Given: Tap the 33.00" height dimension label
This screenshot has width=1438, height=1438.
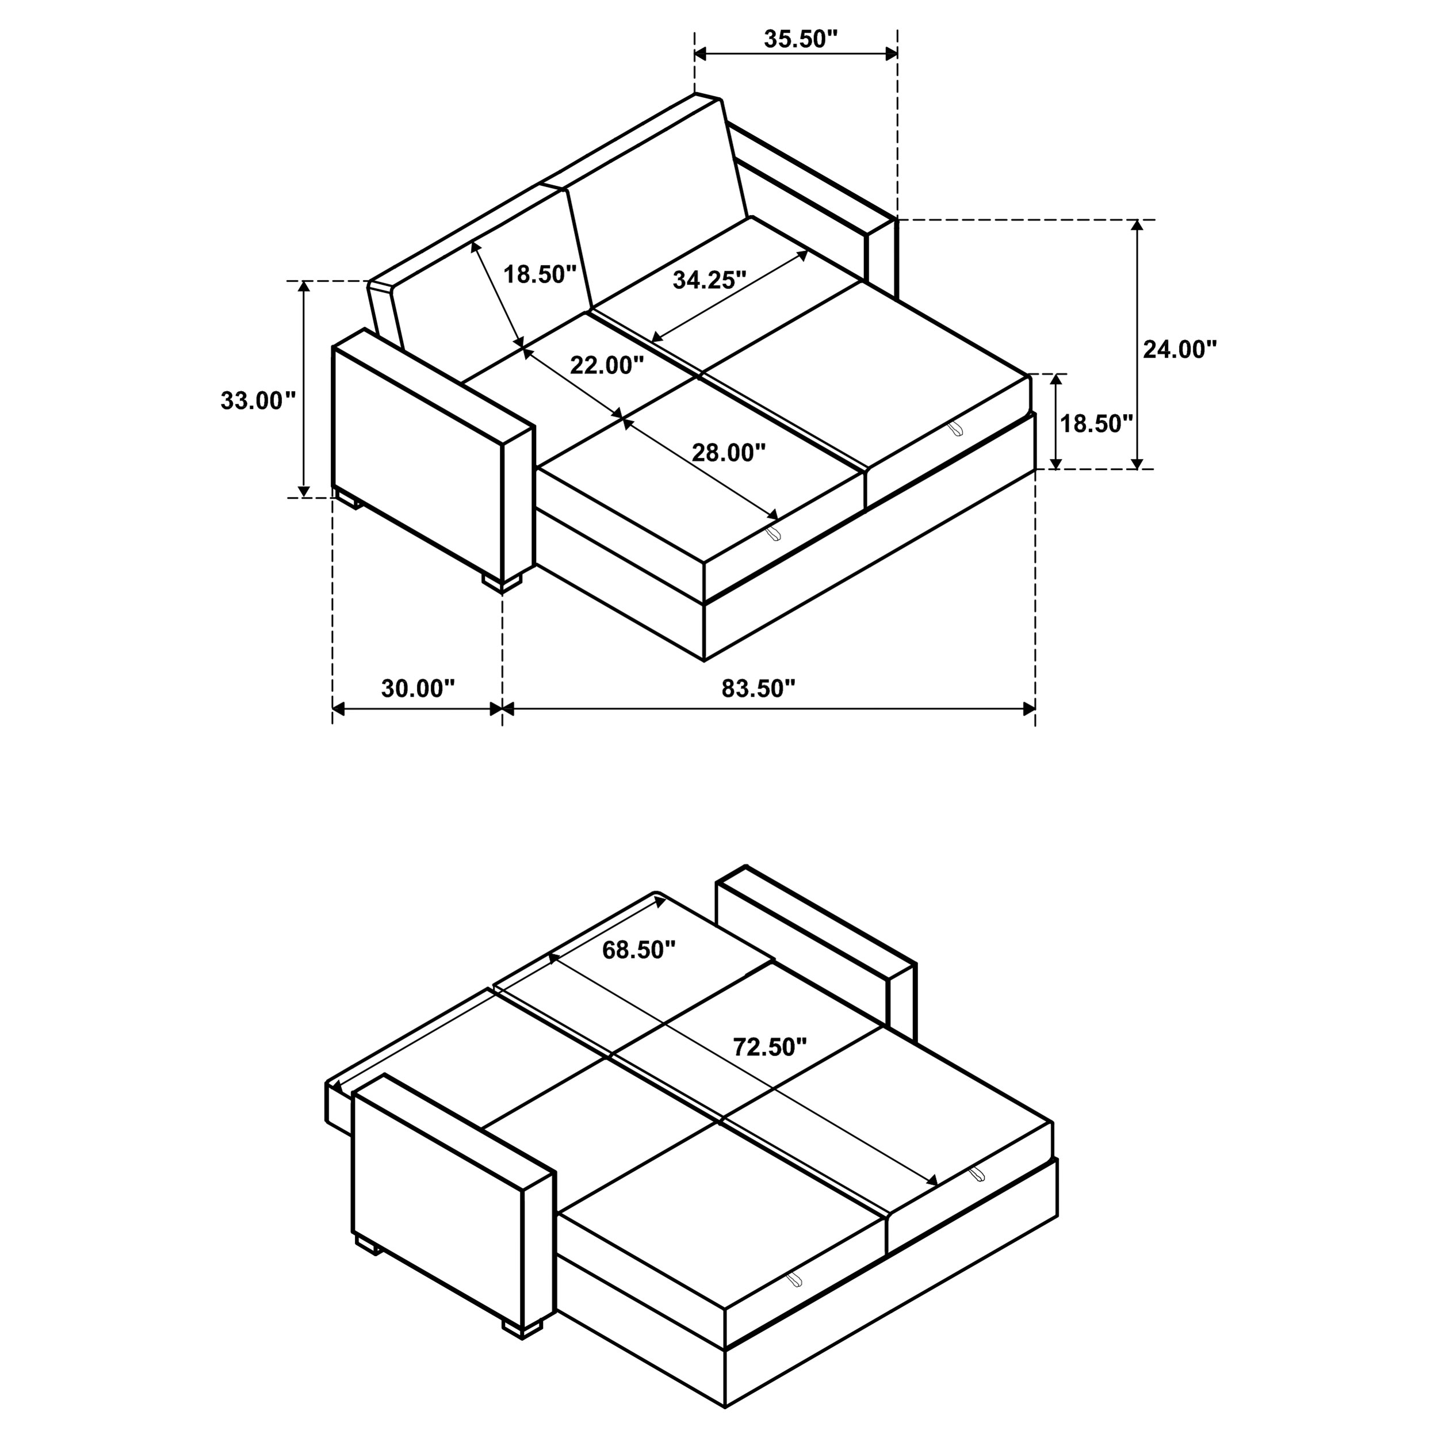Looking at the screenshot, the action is pos(258,401).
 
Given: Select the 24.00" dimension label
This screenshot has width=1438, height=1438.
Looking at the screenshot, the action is pos(1180,349).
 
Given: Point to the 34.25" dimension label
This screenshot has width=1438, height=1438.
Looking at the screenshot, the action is pos(709,280).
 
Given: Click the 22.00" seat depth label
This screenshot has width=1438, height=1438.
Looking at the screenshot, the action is pos(607,365).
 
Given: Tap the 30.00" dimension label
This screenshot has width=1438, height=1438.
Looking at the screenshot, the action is pos(418,689).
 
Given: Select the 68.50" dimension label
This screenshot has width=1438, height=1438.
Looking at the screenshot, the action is pos(638,950).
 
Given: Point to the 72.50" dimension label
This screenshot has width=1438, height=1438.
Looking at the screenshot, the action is pos(770,1047).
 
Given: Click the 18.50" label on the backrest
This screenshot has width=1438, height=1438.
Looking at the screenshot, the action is pos(540,274).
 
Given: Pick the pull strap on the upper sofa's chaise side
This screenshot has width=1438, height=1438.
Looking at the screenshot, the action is pos(955,429).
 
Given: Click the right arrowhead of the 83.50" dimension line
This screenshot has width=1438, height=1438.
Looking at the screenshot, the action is pos(1028,709).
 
